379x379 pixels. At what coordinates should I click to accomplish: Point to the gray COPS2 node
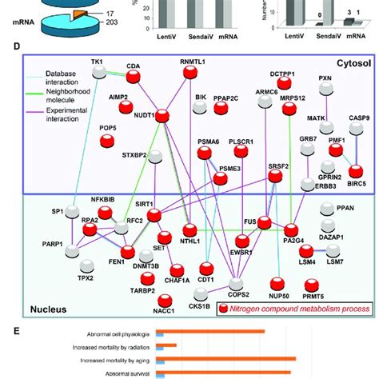tap(236, 283)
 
